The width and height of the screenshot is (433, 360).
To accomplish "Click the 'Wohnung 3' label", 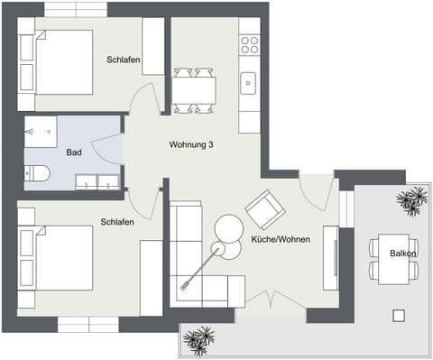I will tap(191, 144).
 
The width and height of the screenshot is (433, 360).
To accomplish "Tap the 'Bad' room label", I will tap(74, 152).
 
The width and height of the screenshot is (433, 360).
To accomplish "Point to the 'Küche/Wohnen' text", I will tap(281, 240).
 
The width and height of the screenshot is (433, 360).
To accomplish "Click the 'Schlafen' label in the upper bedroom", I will tap(123, 59).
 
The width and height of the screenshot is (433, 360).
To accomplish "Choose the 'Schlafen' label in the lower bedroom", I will tap(118, 221).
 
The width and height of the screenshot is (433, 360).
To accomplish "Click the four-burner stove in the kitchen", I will tap(249, 44).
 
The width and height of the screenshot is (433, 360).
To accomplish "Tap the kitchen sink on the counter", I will tap(249, 84).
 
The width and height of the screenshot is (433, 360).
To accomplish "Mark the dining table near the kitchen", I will tap(194, 90).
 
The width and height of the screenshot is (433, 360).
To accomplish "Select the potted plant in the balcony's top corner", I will tap(413, 199).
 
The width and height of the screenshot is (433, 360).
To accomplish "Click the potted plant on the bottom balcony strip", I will tap(199, 338).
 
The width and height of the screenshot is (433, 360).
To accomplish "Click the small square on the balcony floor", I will tap(398, 315).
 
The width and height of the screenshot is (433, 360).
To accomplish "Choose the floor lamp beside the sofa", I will tap(217, 249).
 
